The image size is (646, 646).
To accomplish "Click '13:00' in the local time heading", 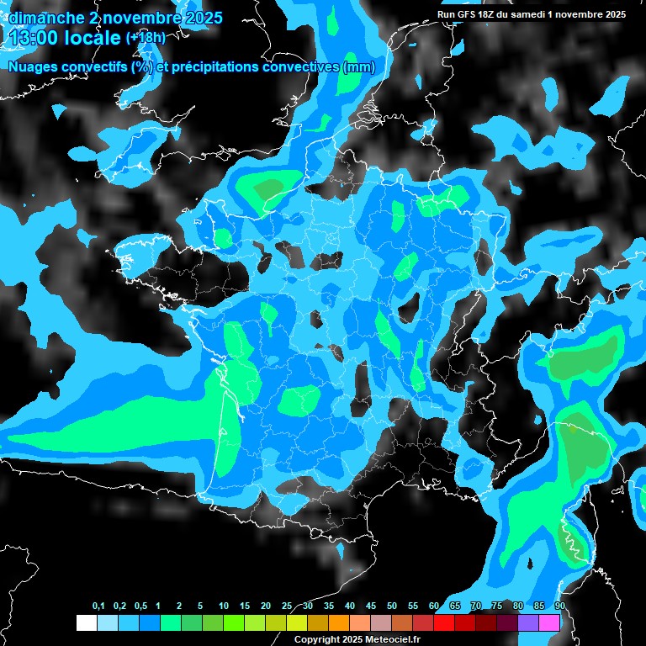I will (34, 37).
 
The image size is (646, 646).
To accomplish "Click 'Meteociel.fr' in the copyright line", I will (392, 639).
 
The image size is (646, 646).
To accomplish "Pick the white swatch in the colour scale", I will (86, 622).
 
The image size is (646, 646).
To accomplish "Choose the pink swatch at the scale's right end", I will (549, 622).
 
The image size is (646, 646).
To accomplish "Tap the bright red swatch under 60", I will (444, 622).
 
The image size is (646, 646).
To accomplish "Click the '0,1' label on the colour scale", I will (98, 606).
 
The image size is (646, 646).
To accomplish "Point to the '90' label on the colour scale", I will (559, 606).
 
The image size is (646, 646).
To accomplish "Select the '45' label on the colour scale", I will (371, 606).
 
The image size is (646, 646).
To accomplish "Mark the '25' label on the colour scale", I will (287, 606).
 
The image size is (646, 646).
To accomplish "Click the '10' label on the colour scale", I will (224, 606).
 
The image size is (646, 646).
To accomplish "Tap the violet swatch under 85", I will (528, 622).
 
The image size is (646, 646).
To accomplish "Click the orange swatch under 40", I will (339, 622).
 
